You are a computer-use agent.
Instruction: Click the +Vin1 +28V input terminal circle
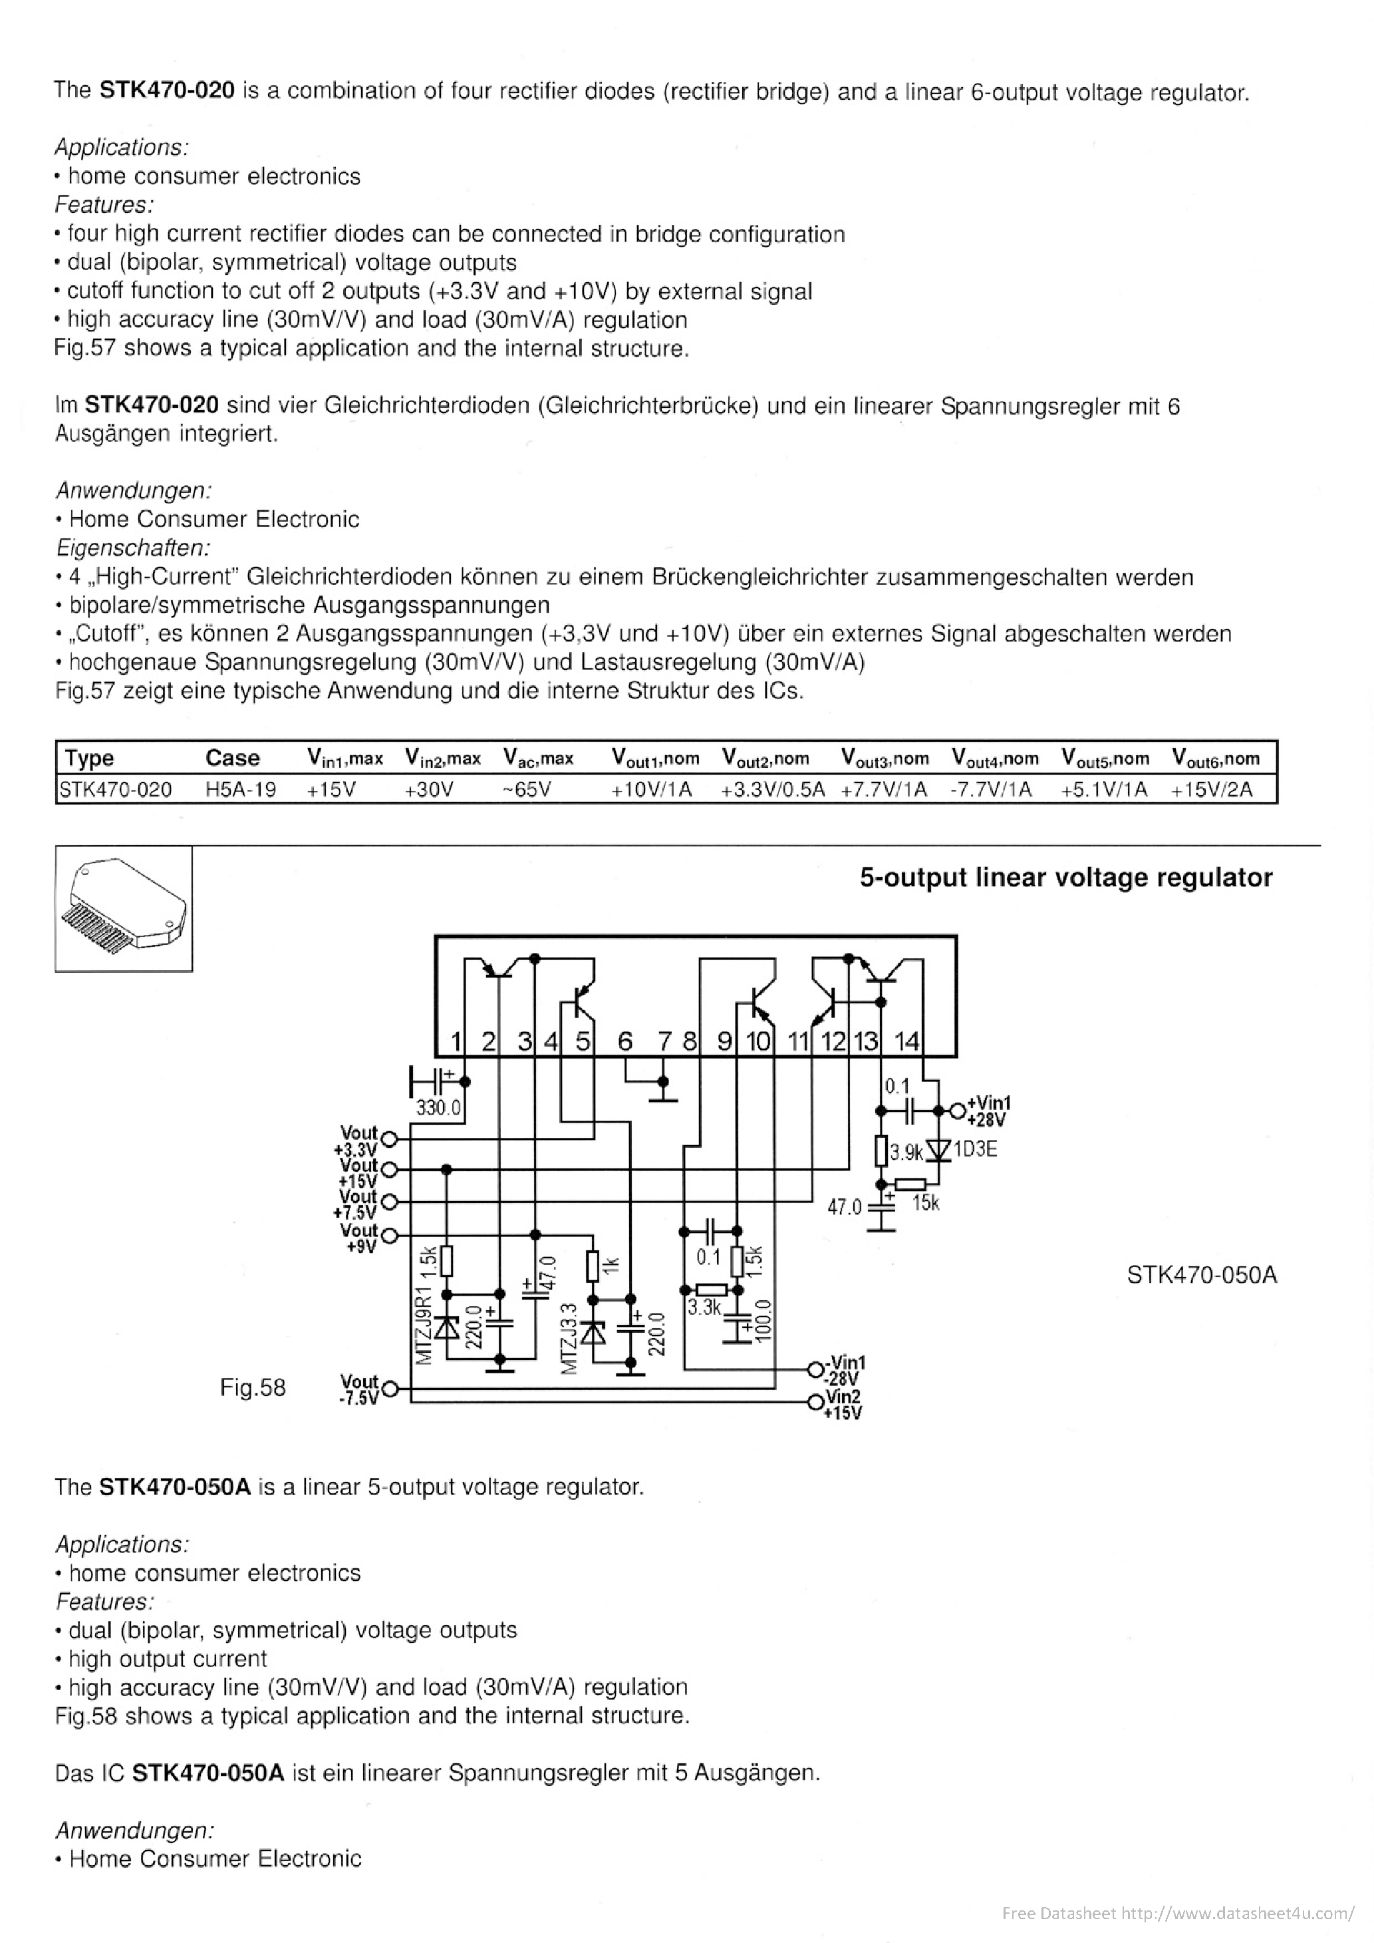957,1109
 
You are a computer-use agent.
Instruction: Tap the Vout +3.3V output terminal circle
389,1139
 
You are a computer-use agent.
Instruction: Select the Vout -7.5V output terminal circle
390,1388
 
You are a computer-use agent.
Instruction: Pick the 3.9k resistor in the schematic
881,1151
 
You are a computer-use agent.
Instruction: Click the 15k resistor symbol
910,1184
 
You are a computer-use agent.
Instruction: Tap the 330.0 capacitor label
438,1108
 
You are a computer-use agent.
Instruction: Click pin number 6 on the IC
624,1041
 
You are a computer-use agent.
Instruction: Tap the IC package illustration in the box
124,908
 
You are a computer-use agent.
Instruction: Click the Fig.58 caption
252,1387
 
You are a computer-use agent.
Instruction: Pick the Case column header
232,759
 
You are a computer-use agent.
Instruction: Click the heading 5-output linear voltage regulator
1065,878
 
